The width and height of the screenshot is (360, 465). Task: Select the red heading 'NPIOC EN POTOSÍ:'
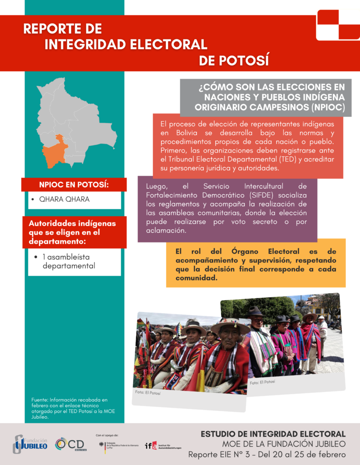tap(74, 185)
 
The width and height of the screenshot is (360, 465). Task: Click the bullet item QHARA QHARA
tap(64, 199)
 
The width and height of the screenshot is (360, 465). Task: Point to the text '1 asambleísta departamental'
tap(69, 261)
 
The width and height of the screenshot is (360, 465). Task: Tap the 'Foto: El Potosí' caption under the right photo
tap(262, 382)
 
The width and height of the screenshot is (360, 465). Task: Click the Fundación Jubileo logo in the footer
tap(30, 444)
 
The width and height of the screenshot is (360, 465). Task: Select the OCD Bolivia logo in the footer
tap(70, 444)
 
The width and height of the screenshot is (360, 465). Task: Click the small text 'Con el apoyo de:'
tap(108, 435)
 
